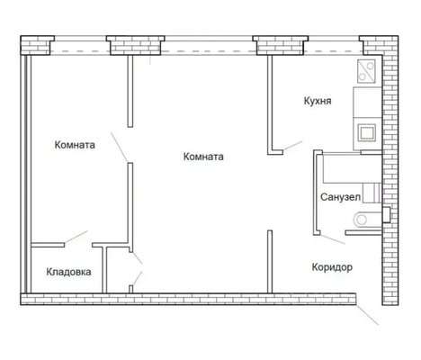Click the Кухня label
tap(318, 101)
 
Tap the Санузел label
tap(340, 197)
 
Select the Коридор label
tap(332, 267)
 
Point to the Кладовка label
tap(68, 272)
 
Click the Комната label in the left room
tap(75, 145)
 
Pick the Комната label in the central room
tap(203, 157)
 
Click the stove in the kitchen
tap(366, 71)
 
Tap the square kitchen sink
tap(367, 132)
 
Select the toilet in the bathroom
tap(368, 220)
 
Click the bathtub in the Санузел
tap(352, 168)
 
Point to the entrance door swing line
tap(367, 314)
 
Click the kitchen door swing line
tap(292, 145)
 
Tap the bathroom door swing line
tap(333, 239)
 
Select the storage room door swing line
tap(76, 237)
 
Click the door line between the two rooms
tap(120, 147)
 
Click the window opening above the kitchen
tap(334, 46)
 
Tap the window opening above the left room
tap(80, 46)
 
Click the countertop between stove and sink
tap(368, 103)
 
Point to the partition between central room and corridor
tap(270, 261)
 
